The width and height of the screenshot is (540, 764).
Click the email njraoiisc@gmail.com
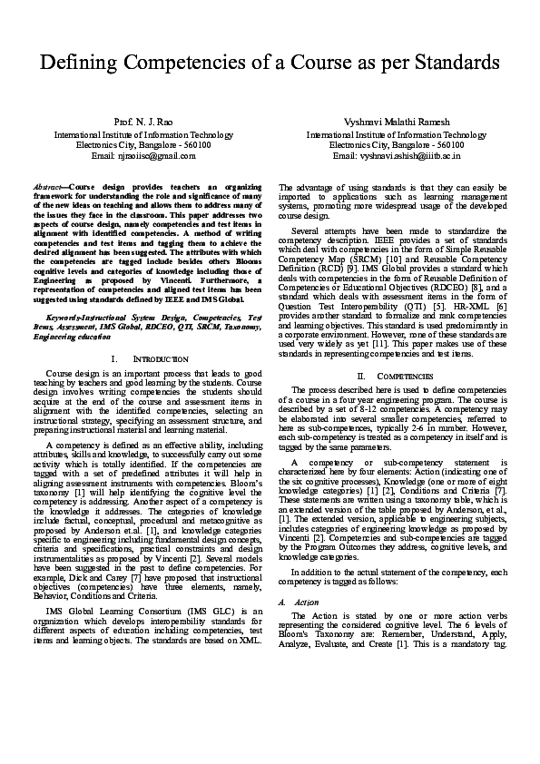point(143,155)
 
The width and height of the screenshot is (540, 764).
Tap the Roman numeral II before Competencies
point(360,375)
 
